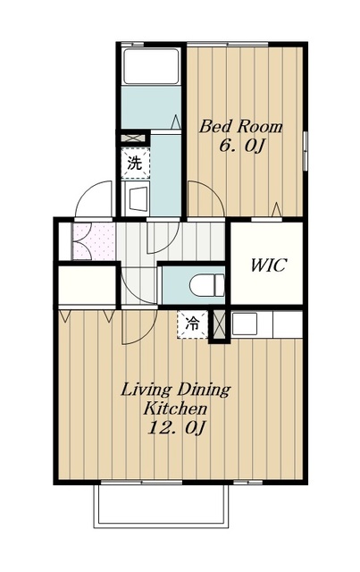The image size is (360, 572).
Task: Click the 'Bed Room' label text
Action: tap(240, 127)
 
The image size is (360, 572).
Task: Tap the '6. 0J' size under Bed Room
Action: tap(241, 147)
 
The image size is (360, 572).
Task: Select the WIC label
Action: tap(269, 265)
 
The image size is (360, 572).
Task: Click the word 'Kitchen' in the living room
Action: tap(175, 408)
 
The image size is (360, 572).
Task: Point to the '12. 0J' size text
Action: tap(177, 427)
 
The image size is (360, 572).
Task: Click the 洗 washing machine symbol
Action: tap(135, 164)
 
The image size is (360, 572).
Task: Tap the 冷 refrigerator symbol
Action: tap(192, 324)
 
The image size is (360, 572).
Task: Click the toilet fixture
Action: tap(207, 285)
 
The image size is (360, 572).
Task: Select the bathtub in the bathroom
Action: tap(151, 66)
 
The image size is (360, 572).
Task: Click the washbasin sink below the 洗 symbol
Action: tap(138, 199)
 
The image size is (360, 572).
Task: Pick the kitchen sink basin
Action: tap(244, 324)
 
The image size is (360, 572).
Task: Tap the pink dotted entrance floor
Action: tap(94, 241)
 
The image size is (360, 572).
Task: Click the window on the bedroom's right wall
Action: tap(306, 150)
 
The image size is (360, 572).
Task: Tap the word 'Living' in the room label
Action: tap(146, 390)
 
